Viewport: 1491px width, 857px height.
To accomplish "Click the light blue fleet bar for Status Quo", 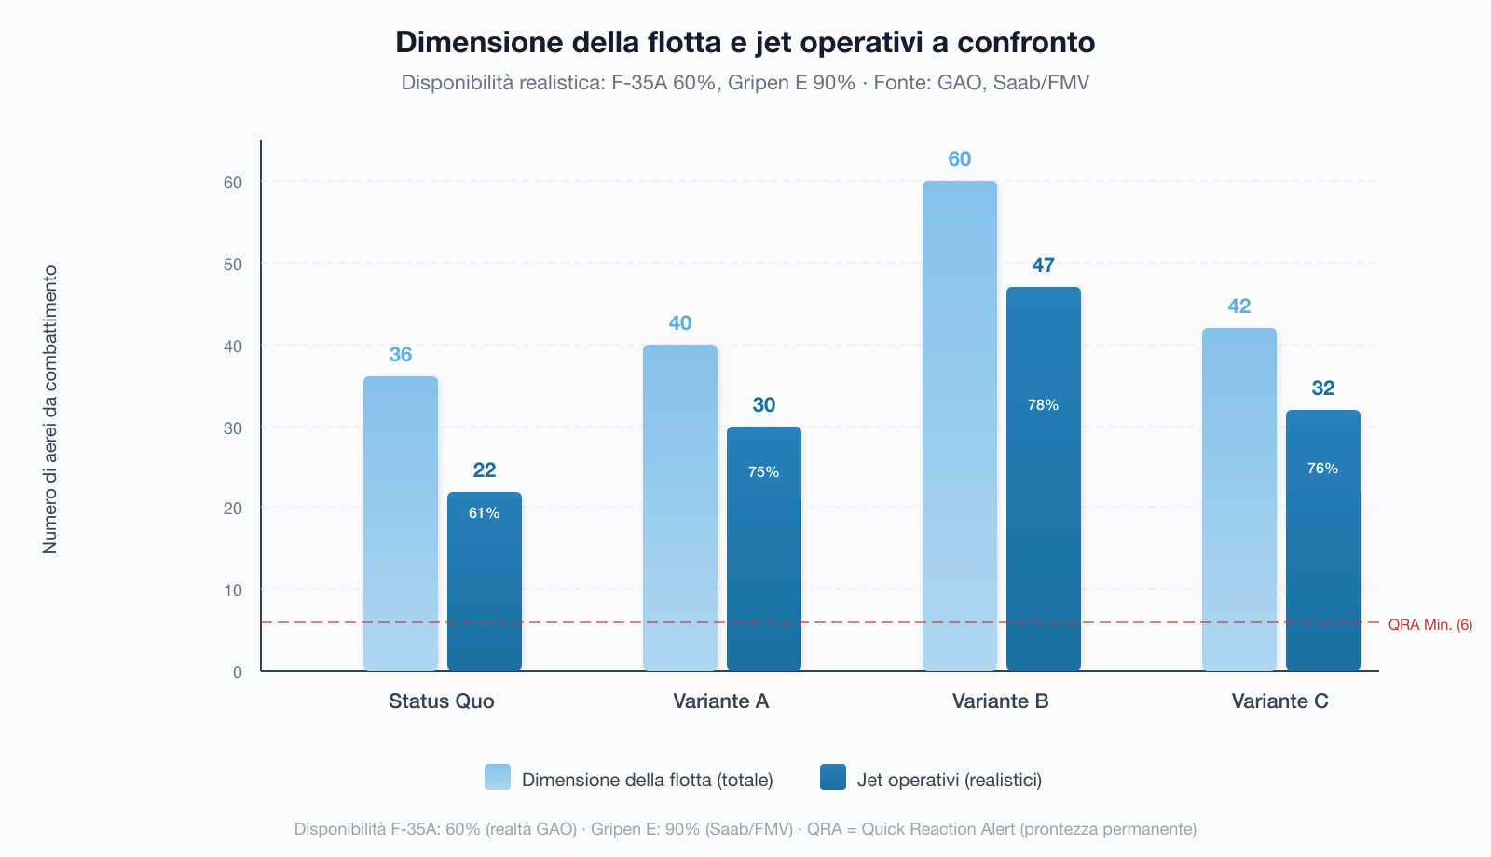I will click(x=401, y=522).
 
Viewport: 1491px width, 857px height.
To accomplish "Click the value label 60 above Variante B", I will click(x=960, y=159).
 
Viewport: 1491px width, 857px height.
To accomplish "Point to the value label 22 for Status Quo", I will click(x=485, y=470).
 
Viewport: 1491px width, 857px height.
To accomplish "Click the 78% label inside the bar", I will click(x=1044, y=405).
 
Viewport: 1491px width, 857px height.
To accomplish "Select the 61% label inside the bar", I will click(x=485, y=513).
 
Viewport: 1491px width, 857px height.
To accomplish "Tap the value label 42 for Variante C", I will click(x=1239, y=306).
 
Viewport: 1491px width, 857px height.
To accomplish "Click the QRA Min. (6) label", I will click(x=1430, y=625).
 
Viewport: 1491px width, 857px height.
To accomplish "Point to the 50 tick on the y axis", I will click(x=233, y=265).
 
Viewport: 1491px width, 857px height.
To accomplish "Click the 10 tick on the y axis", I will click(x=233, y=591).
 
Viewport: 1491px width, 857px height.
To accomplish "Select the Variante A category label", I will click(x=721, y=701).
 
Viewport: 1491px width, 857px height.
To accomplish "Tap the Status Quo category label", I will click(x=442, y=701).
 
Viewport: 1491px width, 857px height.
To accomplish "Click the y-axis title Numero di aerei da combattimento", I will click(x=50, y=410).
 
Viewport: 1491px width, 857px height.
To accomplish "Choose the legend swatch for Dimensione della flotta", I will click(x=498, y=778).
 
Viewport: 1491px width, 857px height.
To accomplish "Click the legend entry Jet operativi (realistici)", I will click(x=949, y=780).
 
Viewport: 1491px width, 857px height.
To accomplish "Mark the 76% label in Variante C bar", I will click(x=1323, y=469).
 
